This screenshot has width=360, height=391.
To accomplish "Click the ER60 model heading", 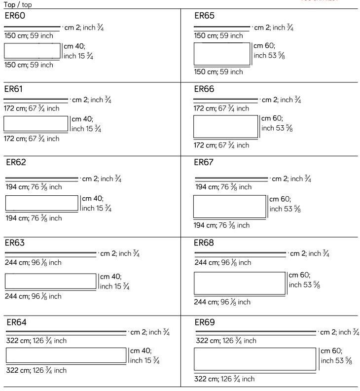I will (x=14, y=16).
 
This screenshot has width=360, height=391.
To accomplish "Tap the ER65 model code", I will (x=204, y=16).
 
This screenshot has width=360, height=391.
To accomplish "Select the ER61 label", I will (x=14, y=89).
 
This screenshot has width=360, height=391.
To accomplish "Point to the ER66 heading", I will (x=204, y=89).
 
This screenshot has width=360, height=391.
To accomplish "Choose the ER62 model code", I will (x=16, y=162).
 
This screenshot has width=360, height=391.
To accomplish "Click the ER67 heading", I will (x=204, y=162).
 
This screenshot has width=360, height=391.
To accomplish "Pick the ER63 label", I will (x=15, y=243).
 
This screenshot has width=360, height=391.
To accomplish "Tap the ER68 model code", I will (x=204, y=243).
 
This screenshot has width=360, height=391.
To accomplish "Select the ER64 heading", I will (x=16, y=322).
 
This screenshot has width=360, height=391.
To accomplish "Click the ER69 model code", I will (x=204, y=322).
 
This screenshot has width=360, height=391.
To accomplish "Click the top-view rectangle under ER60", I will (x=32, y=51).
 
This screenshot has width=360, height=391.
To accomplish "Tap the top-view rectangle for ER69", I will (x=254, y=359).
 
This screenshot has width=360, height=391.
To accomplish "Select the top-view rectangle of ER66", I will (x=225, y=127).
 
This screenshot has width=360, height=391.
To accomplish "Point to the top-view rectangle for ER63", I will (x=50, y=281).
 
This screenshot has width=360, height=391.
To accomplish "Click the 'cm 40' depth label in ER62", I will (x=92, y=199).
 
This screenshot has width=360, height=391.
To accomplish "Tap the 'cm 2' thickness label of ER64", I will (x=138, y=333).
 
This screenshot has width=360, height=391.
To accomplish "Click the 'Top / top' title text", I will (x=18, y=5).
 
